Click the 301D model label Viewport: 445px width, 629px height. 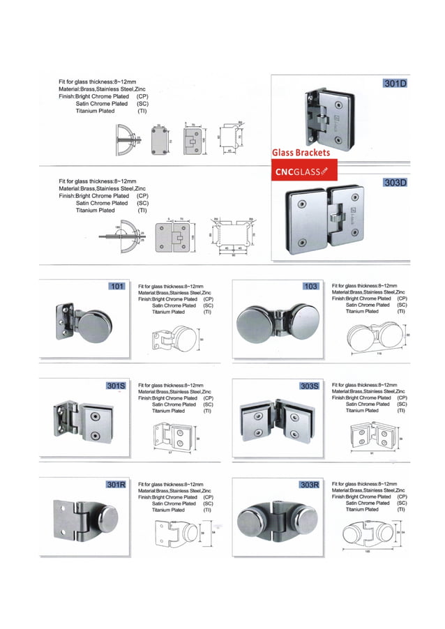pyautogui.click(x=395, y=84)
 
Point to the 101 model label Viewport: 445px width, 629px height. pyautogui.click(x=116, y=286)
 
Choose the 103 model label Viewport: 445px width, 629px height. pyautogui.click(x=310, y=286)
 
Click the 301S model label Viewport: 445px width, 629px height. pyautogui.click(x=116, y=385)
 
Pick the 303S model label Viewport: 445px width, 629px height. pyautogui.click(x=309, y=385)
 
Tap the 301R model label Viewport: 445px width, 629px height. pyautogui.click(x=116, y=484)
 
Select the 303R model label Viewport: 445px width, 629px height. pyautogui.click(x=309, y=484)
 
